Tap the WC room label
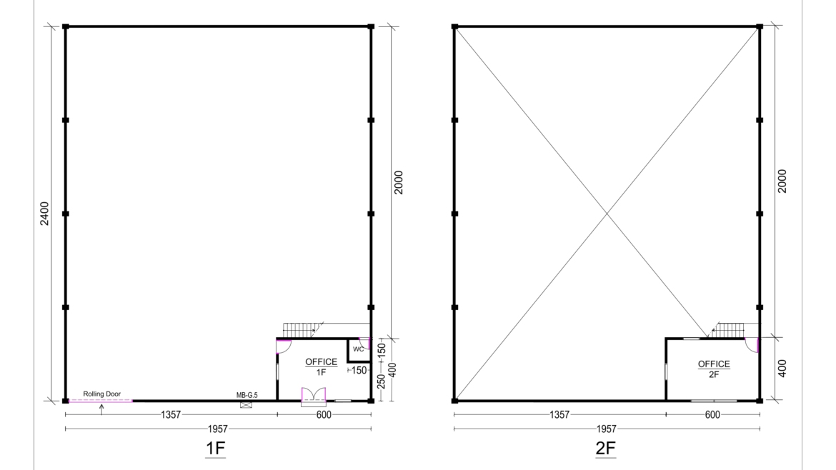358,349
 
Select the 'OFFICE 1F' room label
321,366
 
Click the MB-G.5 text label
247,394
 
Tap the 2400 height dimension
44,213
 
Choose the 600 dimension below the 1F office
324,414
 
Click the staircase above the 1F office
300,330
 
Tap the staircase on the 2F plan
730,330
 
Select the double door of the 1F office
314,395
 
